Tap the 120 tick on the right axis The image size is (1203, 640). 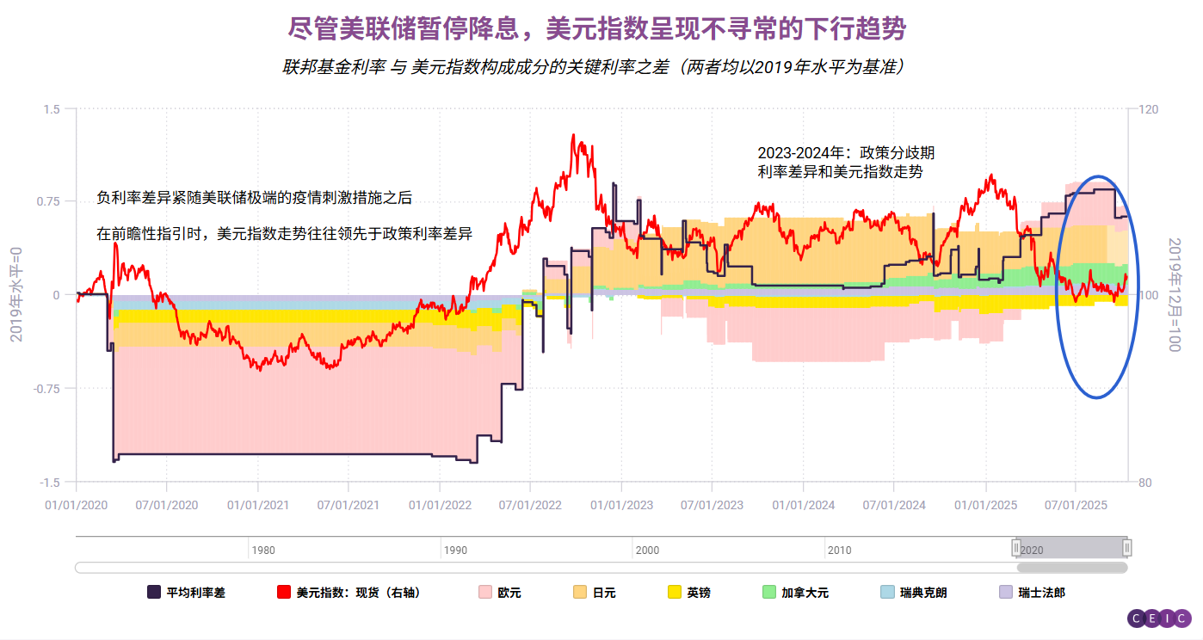(1149, 109)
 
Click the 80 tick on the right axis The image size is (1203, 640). (1144, 483)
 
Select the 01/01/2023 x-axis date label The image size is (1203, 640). (621, 505)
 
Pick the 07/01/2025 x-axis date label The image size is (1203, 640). (1075, 505)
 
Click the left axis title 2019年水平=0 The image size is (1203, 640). (16, 294)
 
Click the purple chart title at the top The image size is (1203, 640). (597, 30)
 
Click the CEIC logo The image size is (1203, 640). (1159, 618)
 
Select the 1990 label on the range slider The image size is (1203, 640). (456, 551)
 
